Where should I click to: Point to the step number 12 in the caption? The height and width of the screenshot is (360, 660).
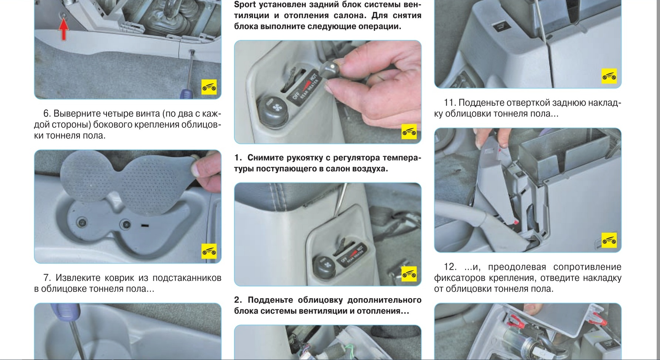tap(450, 267)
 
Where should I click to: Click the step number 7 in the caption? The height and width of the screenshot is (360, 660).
tap(47, 277)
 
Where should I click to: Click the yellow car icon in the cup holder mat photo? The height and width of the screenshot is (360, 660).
tap(209, 252)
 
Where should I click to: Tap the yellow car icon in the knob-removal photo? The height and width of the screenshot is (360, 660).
tap(409, 132)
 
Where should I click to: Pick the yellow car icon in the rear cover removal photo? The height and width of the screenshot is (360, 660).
tap(609, 240)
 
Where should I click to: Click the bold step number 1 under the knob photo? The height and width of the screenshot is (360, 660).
tap(238, 158)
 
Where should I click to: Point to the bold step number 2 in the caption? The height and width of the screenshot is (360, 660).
tap(238, 300)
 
